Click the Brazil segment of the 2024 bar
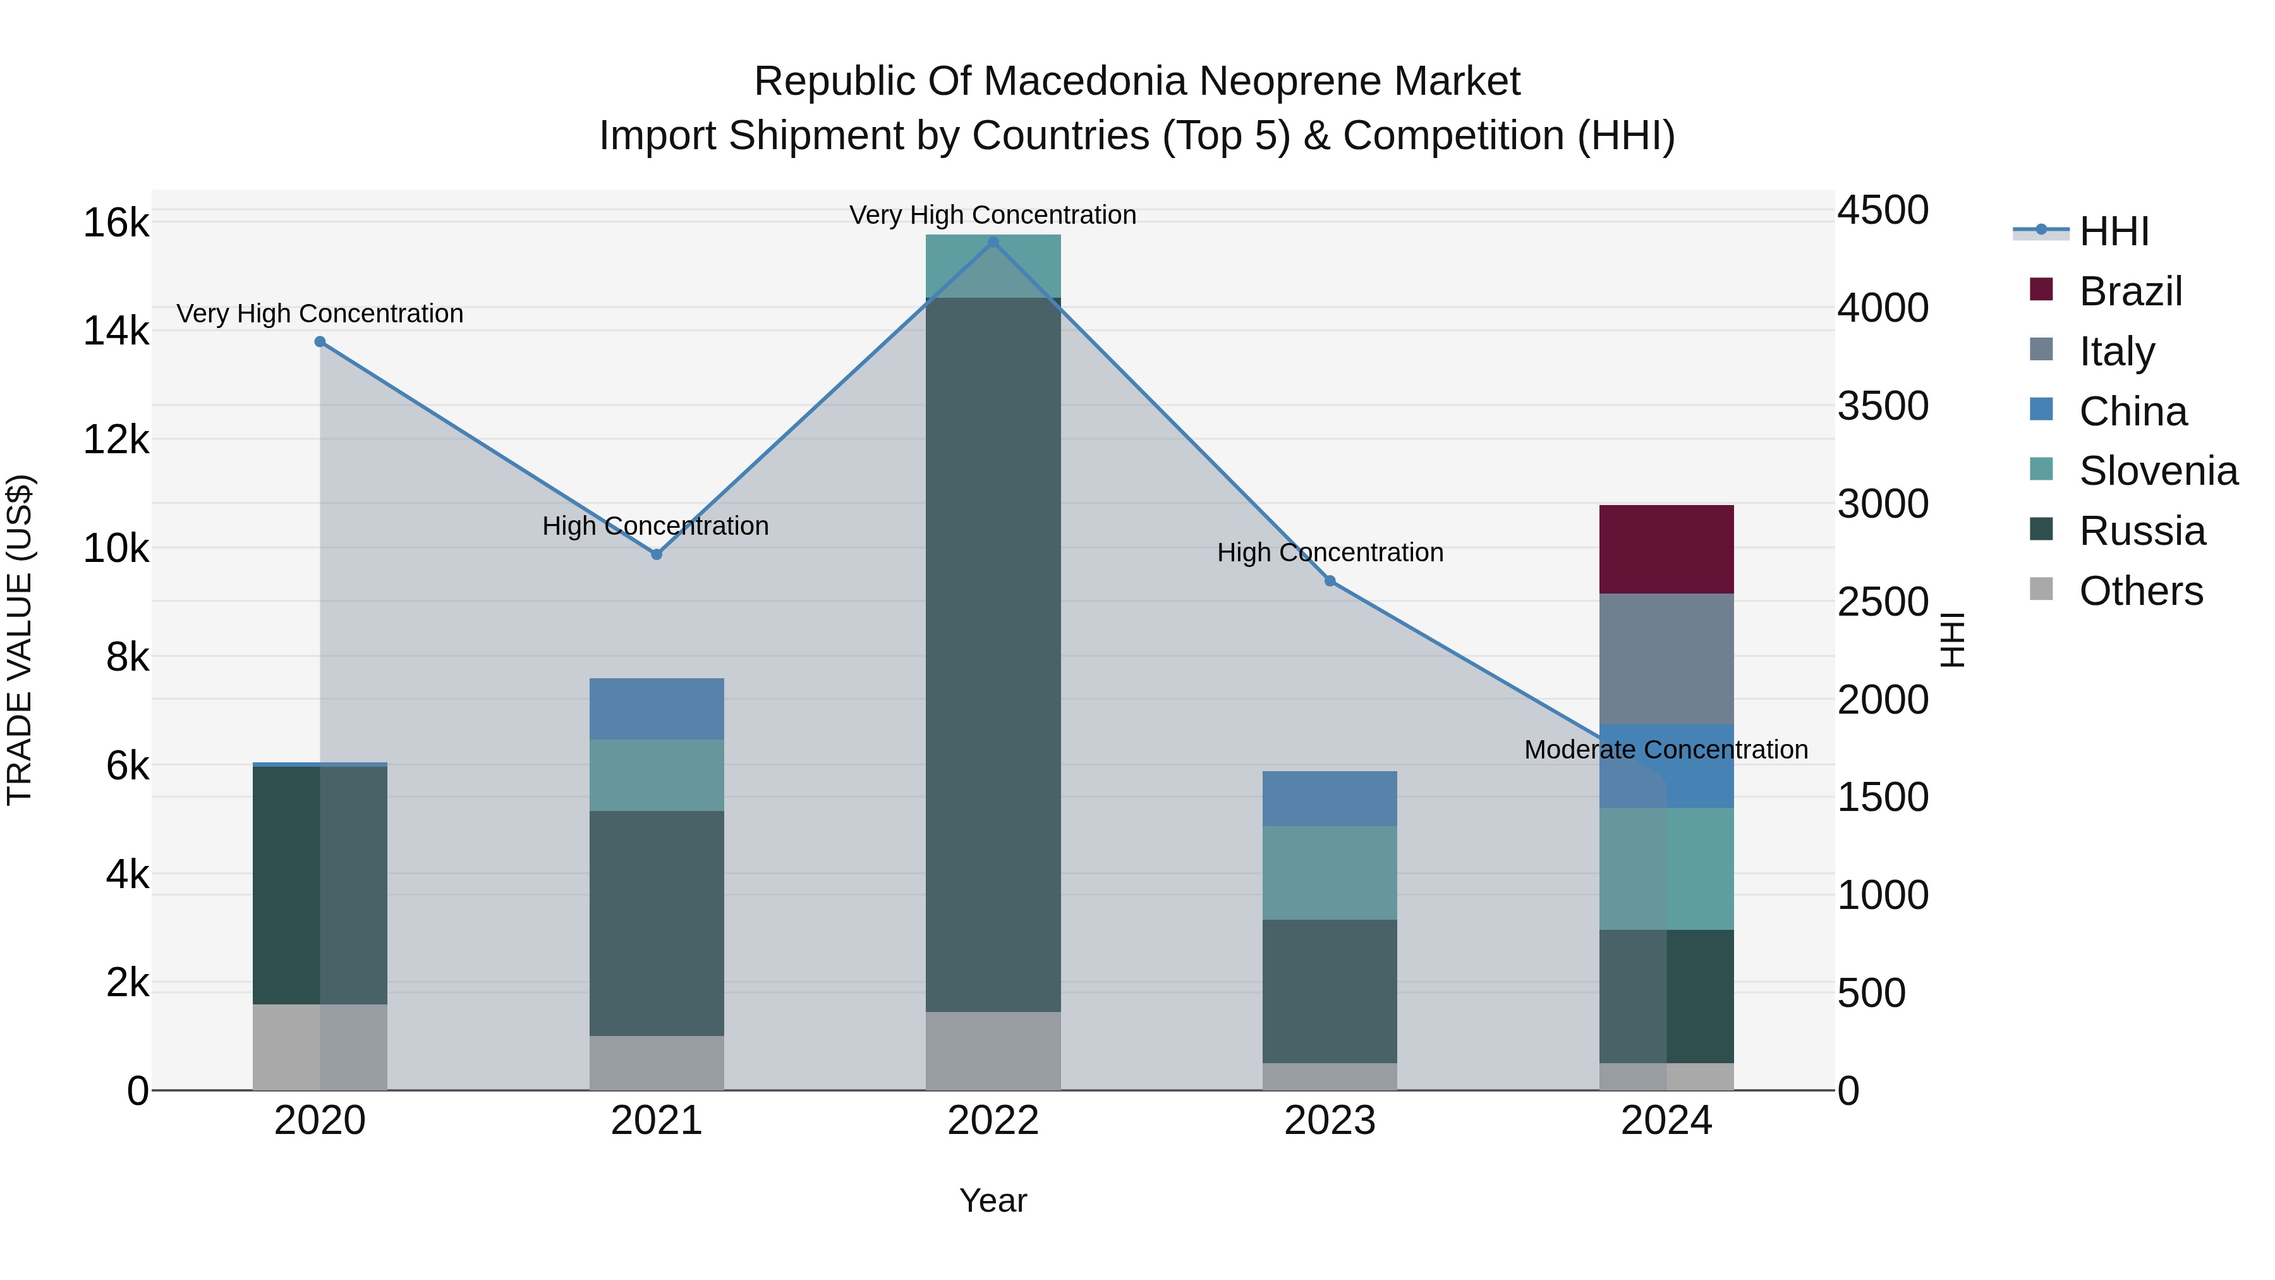pos(1666,549)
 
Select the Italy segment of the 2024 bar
pos(1666,659)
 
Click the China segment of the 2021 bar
pos(656,709)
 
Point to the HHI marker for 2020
pos(320,342)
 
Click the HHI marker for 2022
pos(993,242)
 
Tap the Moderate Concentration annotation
pos(1666,749)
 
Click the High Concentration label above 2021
pos(655,526)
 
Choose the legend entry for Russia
pos(2141,531)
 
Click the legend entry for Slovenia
pos(2157,471)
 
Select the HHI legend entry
pos(2113,231)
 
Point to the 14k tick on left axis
pos(116,331)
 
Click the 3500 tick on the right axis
pos(1882,406)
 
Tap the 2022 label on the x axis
pos(993,1121)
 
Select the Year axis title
pos(993,1200)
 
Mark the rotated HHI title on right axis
pos(1952,640)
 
